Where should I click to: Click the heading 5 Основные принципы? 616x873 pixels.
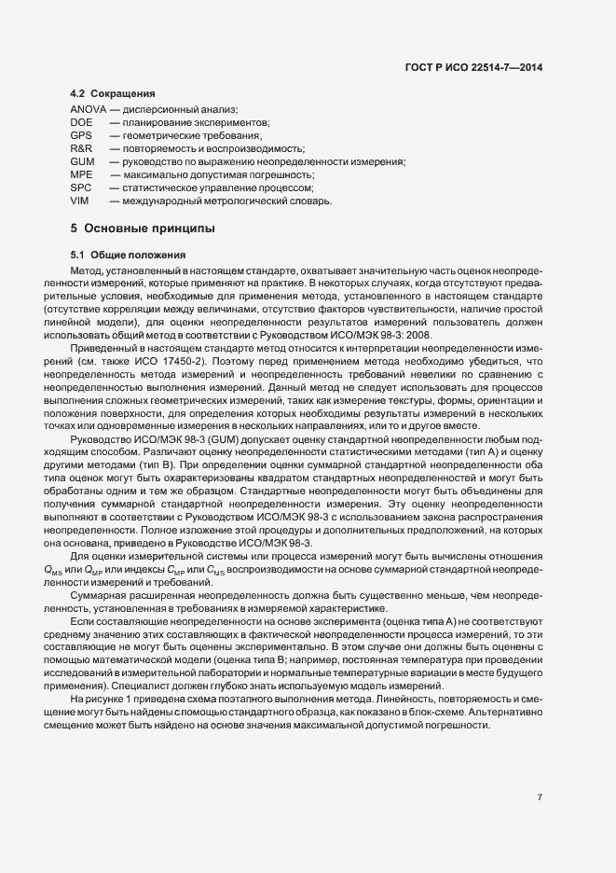(x=142, y=229)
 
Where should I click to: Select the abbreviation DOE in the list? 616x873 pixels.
(x=81, y=123)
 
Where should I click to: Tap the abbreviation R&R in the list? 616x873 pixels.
(x=81, y=148)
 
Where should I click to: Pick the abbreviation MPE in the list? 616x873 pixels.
(x=81, y=174)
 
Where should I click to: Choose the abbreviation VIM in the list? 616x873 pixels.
(x=79, y=201)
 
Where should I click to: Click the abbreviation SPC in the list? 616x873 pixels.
(x=80, y=187)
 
